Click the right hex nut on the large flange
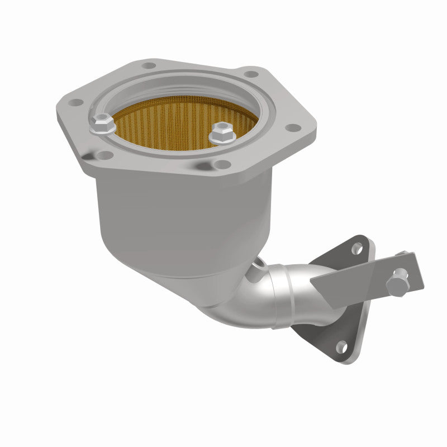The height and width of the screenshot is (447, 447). click(221, 133)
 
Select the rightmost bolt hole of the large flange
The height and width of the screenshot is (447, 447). click(290, 129)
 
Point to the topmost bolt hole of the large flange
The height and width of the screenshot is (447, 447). click(149, 66)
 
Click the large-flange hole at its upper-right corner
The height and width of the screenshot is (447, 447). click(251, 74)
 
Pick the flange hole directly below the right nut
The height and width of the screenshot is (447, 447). click(222, 164)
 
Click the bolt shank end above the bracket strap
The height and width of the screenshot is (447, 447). click(402, 254)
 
